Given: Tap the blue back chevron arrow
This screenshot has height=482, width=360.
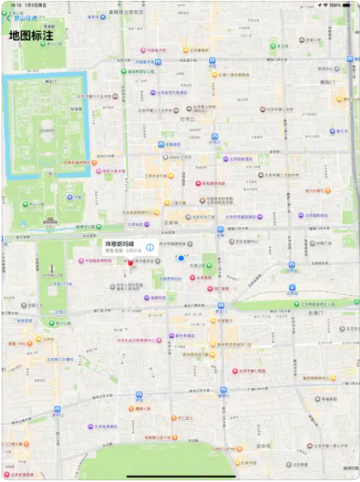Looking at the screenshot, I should click(9, 18).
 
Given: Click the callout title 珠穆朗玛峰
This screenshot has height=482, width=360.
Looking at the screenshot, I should click(119, 243).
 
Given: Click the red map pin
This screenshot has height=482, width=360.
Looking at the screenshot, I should click(130, 264).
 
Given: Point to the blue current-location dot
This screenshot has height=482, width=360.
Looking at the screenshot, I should click(181, 258).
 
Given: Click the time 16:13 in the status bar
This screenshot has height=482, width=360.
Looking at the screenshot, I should click(15, 5).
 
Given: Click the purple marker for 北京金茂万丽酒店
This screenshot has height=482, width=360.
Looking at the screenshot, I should click(152, 92).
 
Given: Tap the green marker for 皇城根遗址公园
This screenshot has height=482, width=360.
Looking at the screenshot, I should click(124, 70).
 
